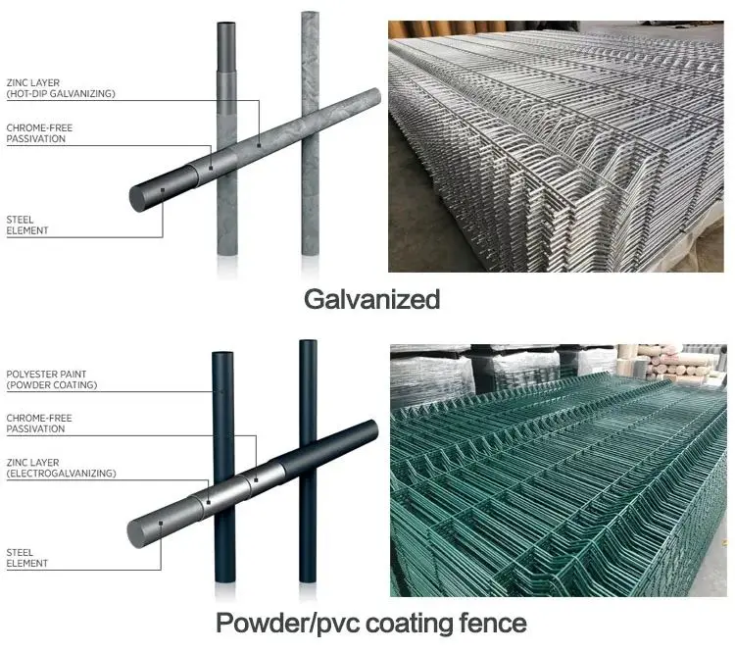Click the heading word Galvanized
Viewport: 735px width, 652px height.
(371, 298)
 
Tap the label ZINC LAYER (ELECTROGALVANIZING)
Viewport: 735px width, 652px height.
(61, 468)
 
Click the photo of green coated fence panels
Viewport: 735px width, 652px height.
(558, 470)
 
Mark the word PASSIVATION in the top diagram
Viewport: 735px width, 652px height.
(35, 139)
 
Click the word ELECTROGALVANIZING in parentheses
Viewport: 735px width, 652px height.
(62, 474)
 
